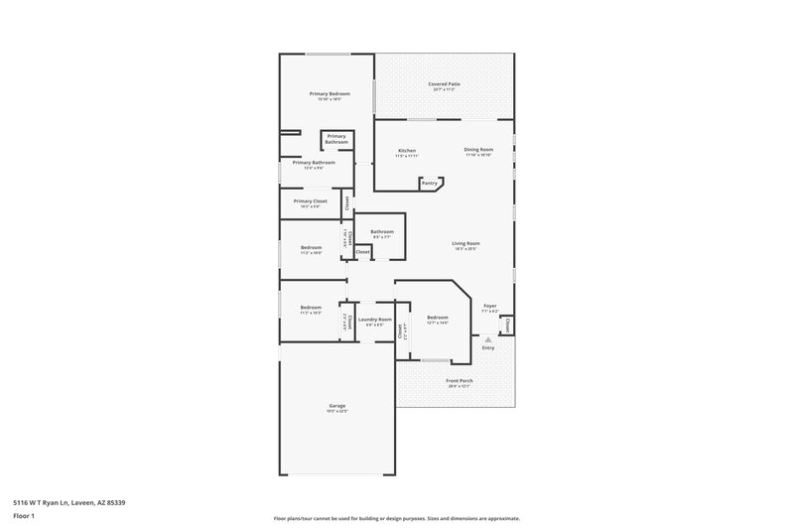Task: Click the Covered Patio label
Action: point(444,84)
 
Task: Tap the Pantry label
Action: point(430,184)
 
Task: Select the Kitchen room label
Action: point(407,150)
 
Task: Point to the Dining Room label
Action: point(478,150)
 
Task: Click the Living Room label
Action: point(466,243)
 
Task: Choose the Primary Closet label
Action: point(311,201)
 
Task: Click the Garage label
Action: point(337,406)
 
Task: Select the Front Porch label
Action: point(459,380)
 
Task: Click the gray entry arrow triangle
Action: point(487,339)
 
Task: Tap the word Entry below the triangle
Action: point(487,348)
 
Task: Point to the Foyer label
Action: point(489,306)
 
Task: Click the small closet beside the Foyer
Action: point(507,325)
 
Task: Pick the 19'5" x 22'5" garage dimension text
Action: point(337,412)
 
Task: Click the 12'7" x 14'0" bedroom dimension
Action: point(438,323)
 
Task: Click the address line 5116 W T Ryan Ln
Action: point(69,502)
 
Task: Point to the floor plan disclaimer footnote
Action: point(396,518)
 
